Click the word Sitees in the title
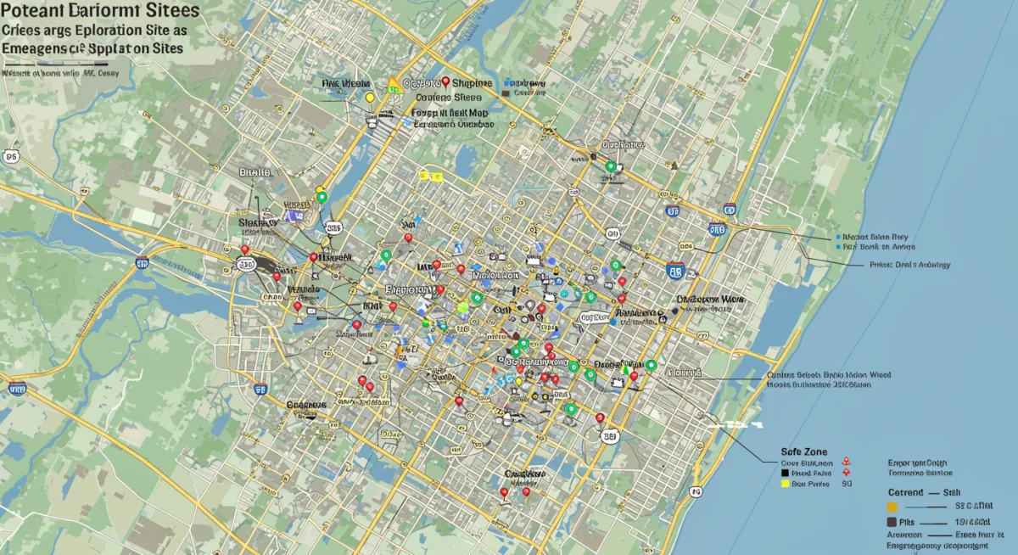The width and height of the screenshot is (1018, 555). (x=161, y=11)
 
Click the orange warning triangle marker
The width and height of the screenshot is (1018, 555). (x=392, y=85)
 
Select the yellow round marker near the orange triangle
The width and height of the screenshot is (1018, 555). (x=369, y=98)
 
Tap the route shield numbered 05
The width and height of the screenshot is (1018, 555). (x=11, y=156)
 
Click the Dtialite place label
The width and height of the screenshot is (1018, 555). (x=255, y=172)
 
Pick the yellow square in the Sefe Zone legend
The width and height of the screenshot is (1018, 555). (x=784, y=485)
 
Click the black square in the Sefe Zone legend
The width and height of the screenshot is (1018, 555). (x=784, y=474)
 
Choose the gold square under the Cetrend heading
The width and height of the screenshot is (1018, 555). (x=892, y=507)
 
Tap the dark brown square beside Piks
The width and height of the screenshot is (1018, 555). (x=892, y=522)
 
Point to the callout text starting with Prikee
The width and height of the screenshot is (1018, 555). (x=909, y=265)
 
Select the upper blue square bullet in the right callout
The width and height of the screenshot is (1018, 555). (x=838, y=237)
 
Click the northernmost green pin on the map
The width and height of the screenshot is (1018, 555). (x=609, y=166)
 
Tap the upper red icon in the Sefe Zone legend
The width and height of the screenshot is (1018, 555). (x=846, y=462)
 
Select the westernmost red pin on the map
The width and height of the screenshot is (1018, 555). (x=245, y=250)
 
